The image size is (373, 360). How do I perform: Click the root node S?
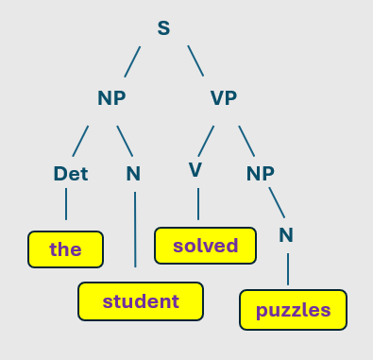click(163, 28)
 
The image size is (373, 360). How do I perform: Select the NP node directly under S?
click(111, 98)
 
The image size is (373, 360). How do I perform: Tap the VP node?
click(223, 98)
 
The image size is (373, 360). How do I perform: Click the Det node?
click(71, 173)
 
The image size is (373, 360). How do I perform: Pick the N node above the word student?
click(133, 173)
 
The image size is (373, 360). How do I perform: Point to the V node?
click(195, 169)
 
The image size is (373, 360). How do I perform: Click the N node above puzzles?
click(286, 233)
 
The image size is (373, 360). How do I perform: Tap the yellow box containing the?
click(65, 249)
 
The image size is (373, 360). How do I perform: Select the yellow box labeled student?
click(141, 301)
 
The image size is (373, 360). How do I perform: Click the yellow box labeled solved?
click(206, 246)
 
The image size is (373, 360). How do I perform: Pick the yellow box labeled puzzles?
click(294, 309)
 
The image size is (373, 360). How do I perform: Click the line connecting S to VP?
click(195, 61)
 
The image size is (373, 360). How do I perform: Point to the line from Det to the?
click(66, 203)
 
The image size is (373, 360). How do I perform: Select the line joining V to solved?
click(198, 203)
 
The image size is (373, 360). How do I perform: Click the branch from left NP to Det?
click(81, 141)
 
